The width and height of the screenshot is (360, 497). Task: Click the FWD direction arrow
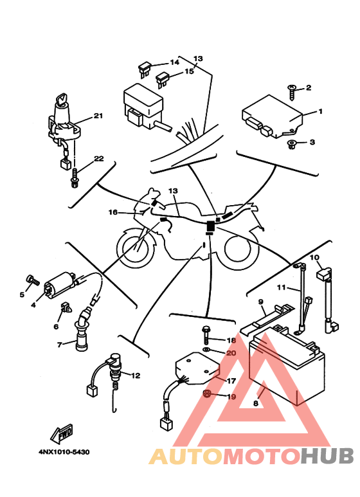tap(62, 433)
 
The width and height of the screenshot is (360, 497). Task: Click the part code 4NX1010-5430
tap(64, 452)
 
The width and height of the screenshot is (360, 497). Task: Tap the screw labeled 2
tap(292, 92)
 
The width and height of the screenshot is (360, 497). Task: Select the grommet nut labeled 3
tap(292, 145)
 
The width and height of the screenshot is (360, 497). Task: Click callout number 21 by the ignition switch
tap(98, 116)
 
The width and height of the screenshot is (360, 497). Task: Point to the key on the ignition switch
tap(61, 99)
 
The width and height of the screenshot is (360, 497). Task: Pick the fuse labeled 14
tap(145, 70)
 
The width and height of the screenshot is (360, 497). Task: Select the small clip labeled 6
tap(66, 307)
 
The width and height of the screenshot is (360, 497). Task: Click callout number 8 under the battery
tap(256, 404)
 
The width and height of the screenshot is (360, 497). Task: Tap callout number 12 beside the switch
tap(136, 375)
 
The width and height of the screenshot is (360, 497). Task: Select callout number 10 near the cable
tap(315, 257)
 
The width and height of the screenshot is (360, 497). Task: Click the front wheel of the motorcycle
tap(136, 248)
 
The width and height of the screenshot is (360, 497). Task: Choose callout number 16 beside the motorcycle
tap(113, 212)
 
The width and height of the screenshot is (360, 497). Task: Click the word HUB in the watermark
tap(327, 456)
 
